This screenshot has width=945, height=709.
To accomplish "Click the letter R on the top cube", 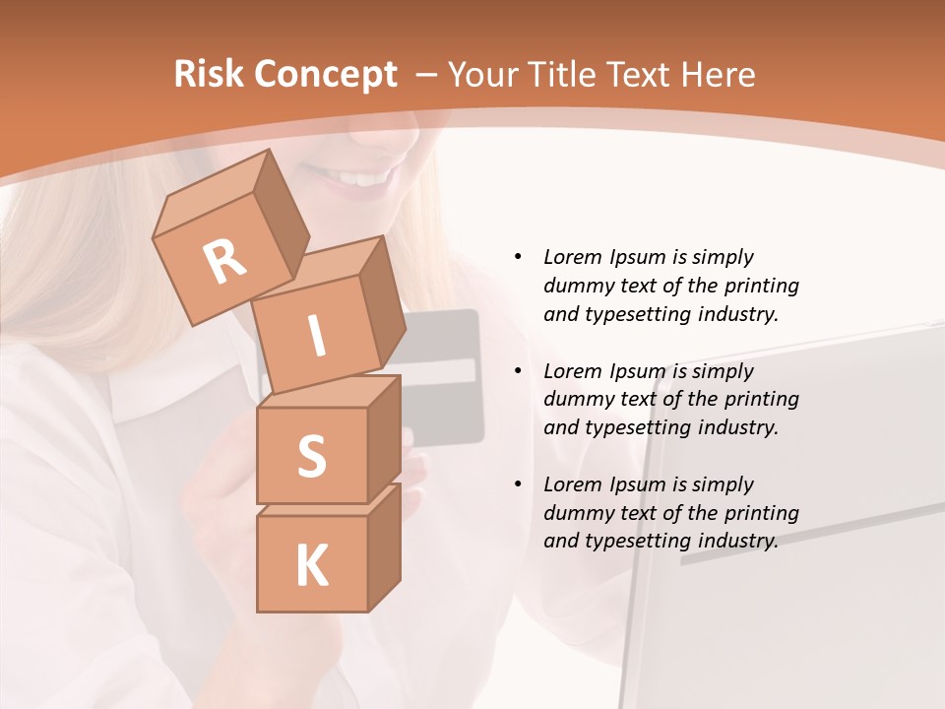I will pos(225,261).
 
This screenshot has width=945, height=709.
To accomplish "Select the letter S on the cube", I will pos(312,455).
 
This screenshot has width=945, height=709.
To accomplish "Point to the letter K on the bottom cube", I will pos(312,566).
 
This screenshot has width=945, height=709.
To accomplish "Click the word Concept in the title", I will pos(326,74).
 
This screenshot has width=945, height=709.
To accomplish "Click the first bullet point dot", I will pos(518,257).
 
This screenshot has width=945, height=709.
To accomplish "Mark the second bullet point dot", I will pos(518,371).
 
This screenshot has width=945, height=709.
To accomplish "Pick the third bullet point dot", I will pos(518,484).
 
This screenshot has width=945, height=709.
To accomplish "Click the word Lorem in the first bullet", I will pos(572,257).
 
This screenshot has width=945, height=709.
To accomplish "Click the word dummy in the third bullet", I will pos(575,513).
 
